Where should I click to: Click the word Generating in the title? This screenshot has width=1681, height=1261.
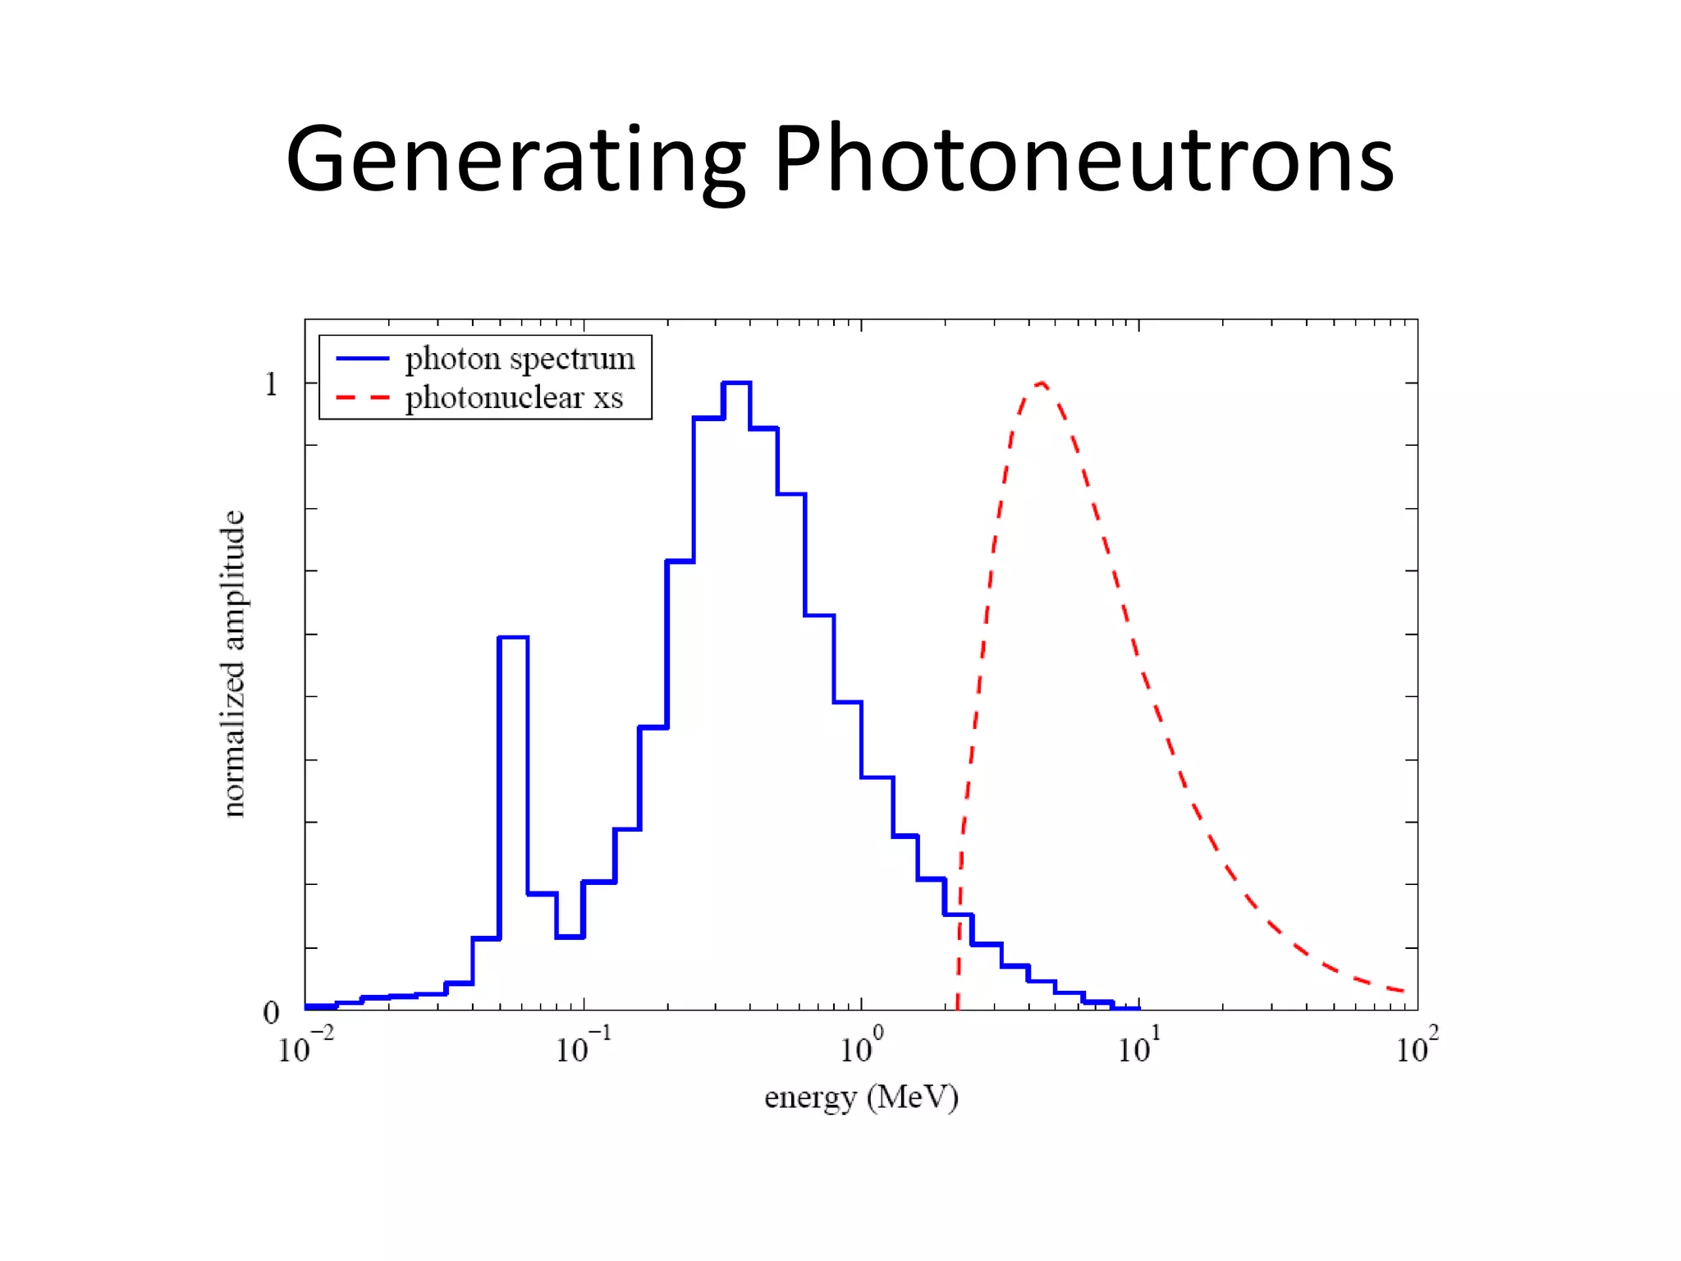pos(515,160)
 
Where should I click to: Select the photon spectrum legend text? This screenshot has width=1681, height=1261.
pos(520,360)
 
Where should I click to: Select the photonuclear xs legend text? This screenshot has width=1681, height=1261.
pos(514,398)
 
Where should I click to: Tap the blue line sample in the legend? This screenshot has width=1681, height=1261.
pos(362,359)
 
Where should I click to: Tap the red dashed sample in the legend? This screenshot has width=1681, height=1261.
pos(362,398)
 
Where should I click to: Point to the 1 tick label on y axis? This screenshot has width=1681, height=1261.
pos(271,384)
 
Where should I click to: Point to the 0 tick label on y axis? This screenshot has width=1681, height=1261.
pos(271,1012)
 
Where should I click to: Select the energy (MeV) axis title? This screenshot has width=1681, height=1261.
pos(861,1098)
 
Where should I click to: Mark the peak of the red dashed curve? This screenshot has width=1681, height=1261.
pos(1041,383)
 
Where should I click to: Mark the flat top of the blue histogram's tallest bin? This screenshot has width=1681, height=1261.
pos(736,383)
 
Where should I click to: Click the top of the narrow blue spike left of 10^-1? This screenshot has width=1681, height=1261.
pos(513,637)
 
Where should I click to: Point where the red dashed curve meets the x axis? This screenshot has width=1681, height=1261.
pos(957,1008)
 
